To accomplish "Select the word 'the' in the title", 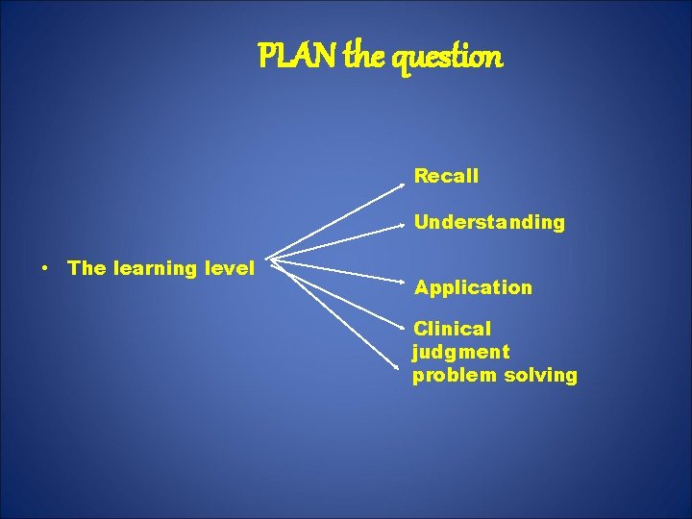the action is [x=362, y=58].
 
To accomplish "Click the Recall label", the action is [x=446, y=176].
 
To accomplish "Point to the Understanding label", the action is [x=489, y=223].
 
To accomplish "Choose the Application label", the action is [x=473, y=287].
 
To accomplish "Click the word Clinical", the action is [x=452, y=329].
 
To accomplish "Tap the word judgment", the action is [x=461, y=352].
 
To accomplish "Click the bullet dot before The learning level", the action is [x=45, y=269].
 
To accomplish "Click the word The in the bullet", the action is [x=86, y=268].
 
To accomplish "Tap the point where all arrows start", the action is [x=269, y=259].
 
